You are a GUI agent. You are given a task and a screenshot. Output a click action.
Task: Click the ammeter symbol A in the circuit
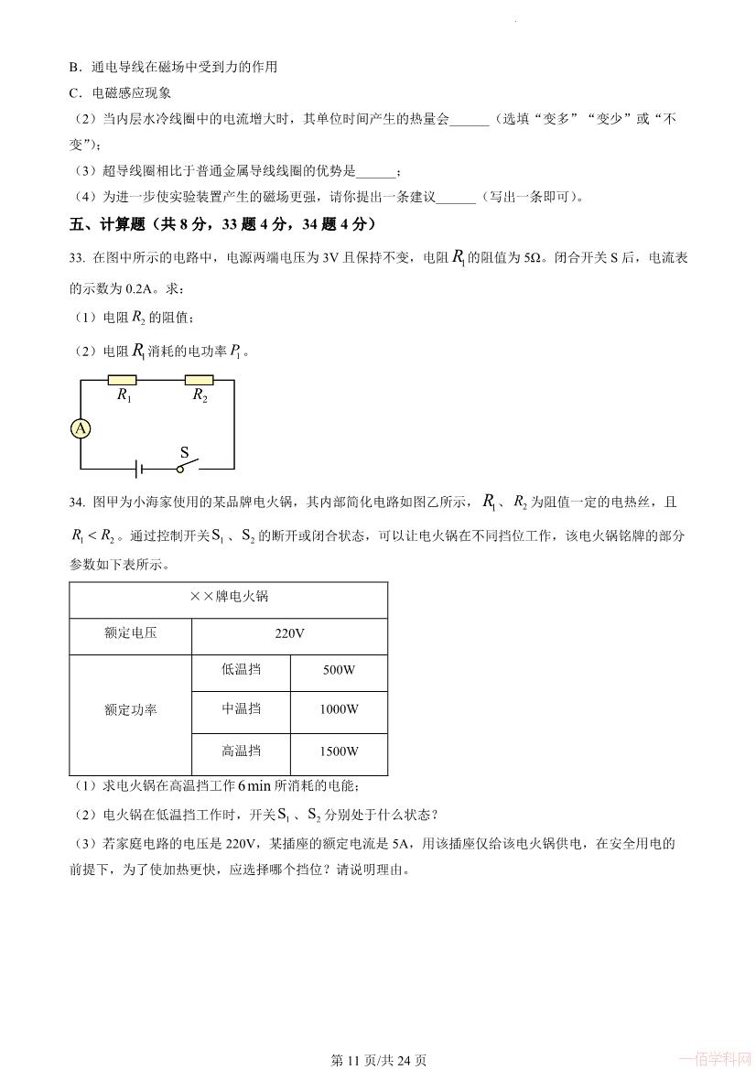tap(81, 427)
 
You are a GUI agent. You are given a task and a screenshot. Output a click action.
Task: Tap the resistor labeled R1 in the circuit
tap(123, 380)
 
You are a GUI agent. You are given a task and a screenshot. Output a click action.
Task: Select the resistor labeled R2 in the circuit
tap(199, 380)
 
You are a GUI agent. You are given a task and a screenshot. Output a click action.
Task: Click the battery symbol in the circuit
tap(138, 469)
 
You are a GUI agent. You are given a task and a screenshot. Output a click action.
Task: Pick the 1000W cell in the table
tap(339, 709)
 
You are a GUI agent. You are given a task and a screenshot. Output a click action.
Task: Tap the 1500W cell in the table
tap(339, 751)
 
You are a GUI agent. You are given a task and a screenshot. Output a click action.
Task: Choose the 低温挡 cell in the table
tap(241, 670)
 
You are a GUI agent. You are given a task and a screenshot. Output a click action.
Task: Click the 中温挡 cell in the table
tap(241, 709)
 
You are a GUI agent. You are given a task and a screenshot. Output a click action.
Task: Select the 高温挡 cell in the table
tap(241, 751)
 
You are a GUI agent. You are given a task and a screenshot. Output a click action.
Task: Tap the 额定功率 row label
tap(131, 709)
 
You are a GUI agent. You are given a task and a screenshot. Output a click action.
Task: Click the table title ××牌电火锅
tap(229, 597)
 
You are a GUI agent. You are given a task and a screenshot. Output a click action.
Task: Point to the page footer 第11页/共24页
tap(378, 1060)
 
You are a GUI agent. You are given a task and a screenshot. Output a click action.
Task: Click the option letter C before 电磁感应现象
tap(73, 92)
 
